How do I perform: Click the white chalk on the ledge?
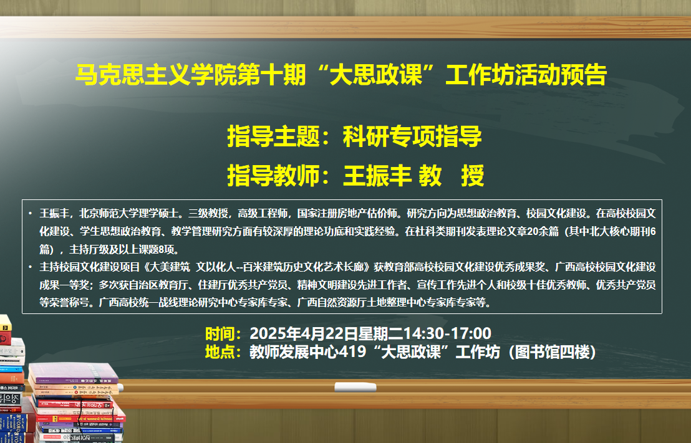(355, 387)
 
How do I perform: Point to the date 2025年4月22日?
(304, 333)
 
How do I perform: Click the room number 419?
(352, 352)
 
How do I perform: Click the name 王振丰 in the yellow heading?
(377, 175)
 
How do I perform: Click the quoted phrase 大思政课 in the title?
(376, 74)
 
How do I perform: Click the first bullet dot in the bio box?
(31, 214)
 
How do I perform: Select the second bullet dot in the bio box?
(31, 267)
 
